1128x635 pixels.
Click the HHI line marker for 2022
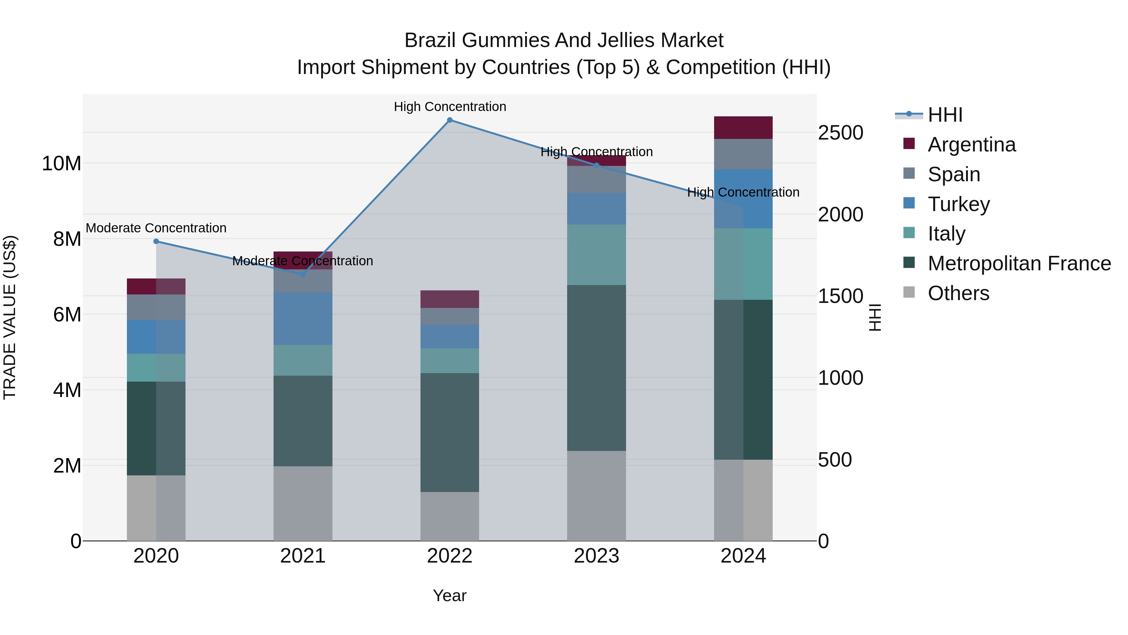click(450, 120)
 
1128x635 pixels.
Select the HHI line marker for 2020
click(156, 241)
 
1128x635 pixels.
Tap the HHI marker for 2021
click(303, 274)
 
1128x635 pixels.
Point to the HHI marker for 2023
click(596, 165)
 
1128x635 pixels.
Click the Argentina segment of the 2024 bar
click(743, 128)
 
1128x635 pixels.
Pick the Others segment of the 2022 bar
click(450, 516)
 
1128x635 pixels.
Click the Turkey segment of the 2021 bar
click(303, 318)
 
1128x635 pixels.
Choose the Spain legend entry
click(954, 174)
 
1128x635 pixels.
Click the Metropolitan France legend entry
click(1019, 263)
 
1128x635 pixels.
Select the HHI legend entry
click(945, 115)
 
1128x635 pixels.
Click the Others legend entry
click(958, 293)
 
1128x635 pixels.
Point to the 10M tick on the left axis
click(61, 163)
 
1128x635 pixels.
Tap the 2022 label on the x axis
click(450, 556)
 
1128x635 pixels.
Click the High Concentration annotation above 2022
click(450, 107)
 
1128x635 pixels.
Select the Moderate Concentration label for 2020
click(156, 228)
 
